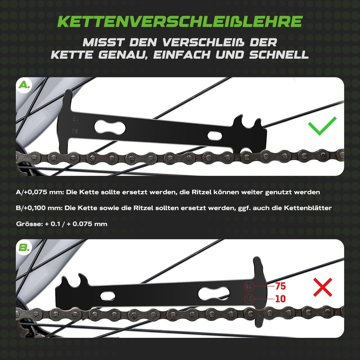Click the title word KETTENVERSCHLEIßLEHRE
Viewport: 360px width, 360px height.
(180, 21)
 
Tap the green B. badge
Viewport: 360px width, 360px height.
(24, 247)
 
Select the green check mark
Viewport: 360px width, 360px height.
(322, 127)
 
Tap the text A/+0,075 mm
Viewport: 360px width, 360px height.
(38, 192)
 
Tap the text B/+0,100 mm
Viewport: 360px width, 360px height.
(38, 208)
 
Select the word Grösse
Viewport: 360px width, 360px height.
(27, 224)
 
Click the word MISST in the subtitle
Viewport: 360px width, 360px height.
(105, 43)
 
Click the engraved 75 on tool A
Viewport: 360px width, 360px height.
(75, 131)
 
